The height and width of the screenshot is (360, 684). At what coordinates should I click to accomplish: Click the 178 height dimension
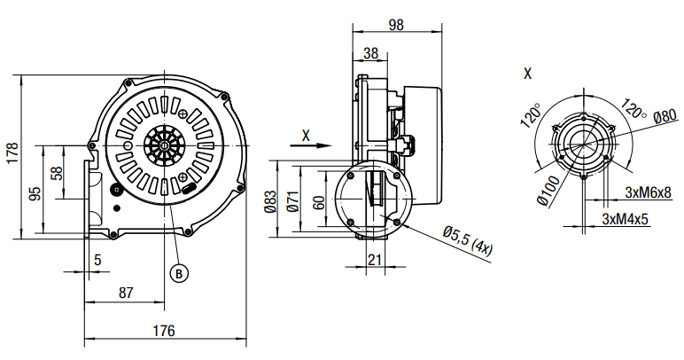click(12, 153)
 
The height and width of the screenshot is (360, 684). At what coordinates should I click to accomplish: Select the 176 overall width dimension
click(162, 331)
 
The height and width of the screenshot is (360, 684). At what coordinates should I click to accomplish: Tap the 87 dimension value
click(126, 291)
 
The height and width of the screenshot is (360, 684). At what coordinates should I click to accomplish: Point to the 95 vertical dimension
click(34, 192)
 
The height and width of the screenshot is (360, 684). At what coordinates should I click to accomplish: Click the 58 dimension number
click(57, 174)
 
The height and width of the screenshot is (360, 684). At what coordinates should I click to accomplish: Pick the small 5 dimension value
click(97, 260)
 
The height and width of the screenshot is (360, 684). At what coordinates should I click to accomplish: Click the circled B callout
click(179, 273)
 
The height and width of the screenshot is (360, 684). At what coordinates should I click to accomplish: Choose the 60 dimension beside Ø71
click(318, 201)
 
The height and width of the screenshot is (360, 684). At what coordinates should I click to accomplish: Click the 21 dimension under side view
click(374, 260)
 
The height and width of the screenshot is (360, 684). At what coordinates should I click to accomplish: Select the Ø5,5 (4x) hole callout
click(467, 239)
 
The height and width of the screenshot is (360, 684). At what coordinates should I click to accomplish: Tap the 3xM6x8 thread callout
click(648, 192)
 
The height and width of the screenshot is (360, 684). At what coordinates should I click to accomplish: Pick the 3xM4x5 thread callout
click(626, 217)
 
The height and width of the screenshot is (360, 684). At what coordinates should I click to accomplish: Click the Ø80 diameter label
click(665, 116)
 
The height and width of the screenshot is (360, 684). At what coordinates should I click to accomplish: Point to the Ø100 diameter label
click(548, 189)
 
